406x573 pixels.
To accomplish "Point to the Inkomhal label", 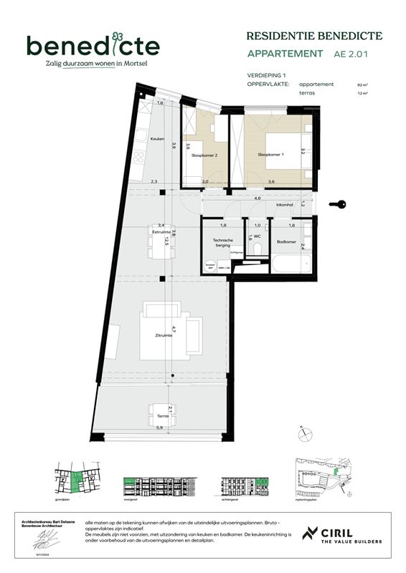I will click(285, 205).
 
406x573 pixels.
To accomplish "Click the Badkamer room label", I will click(286, 241).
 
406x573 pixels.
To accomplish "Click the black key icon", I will click(337, 205).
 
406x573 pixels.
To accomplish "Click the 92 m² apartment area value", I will click(361, 85).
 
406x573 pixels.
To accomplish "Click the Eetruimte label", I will click(161, 232).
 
